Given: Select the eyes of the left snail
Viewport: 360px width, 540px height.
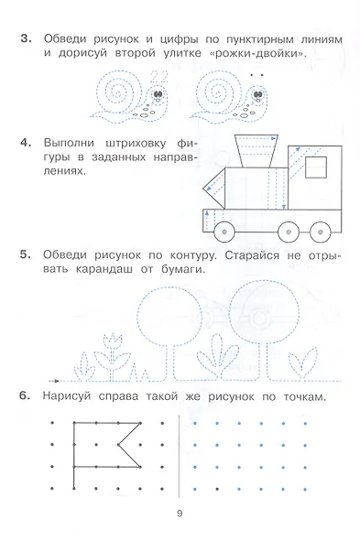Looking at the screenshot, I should pyautogui.click(x=158, y=93).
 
